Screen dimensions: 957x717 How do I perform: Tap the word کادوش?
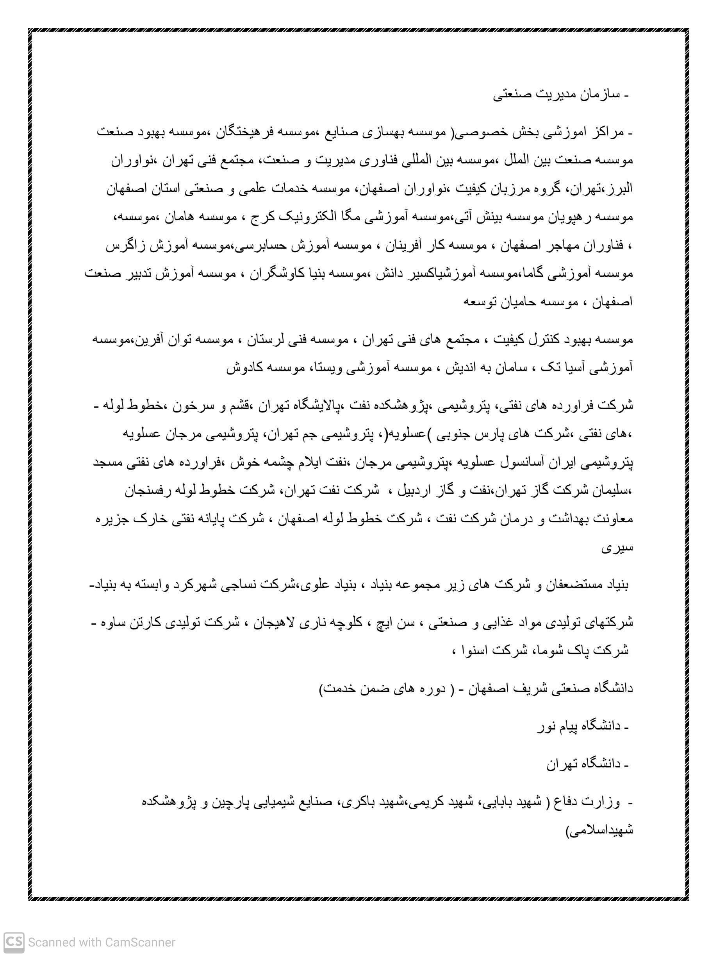click(x=243, y=368)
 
